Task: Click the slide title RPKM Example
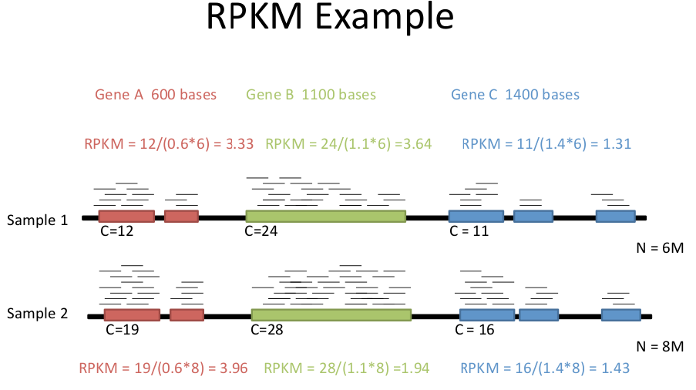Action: click(330, 17)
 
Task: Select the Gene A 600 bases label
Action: click(156, 95)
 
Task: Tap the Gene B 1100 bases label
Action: click(311, 95)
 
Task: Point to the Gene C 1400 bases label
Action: click(515, 95)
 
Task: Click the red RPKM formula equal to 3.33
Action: click(169, 144)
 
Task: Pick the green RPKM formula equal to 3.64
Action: click(348, 144)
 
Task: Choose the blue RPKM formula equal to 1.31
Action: click(546, 144)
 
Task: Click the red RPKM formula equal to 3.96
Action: click(163, 368)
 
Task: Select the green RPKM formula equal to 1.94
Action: click(347, 368)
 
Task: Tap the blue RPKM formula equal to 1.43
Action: click(545, 368)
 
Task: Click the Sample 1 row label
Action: click(37, 220)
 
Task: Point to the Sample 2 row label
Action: click(37, 313)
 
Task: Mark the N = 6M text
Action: click(660, 248)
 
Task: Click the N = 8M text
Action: click(660, 347)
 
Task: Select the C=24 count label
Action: click(261, 231)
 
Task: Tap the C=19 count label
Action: click(123, 330)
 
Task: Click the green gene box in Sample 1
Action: click(326, 216)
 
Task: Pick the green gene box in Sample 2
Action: click(331, 315)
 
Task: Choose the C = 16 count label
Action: click(475, 330)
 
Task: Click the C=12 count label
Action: click(116, 231)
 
